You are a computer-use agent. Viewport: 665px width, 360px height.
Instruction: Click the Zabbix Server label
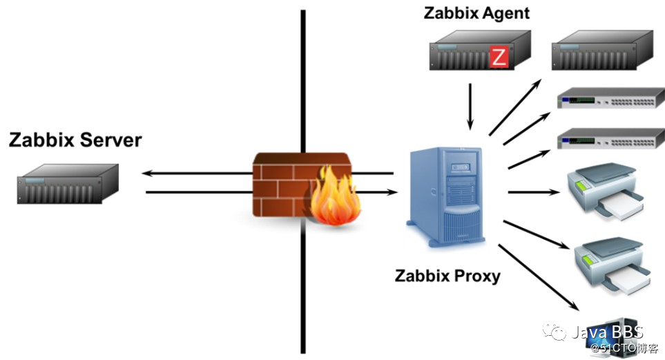[75, 140]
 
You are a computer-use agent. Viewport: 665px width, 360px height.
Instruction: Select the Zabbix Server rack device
[68, 183]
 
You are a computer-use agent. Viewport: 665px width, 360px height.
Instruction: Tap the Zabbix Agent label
[476, 13]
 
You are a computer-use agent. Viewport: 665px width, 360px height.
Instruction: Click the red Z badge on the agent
[498, 57]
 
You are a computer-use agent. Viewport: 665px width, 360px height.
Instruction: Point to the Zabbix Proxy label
[447, 276]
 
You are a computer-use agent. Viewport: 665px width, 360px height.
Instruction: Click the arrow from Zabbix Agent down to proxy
[471, 106]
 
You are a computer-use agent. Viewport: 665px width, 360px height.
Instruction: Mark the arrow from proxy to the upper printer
[532, 192]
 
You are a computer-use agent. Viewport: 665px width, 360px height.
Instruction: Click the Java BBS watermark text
[607, 332]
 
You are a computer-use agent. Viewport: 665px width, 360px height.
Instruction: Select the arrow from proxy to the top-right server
[515, 107]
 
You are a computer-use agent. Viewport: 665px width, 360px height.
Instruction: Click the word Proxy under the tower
[476, 276]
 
